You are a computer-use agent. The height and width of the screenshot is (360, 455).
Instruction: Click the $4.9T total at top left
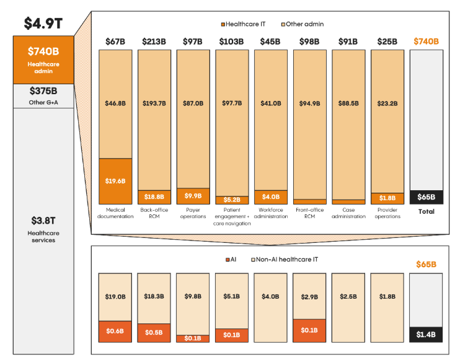click(x=42, y=23)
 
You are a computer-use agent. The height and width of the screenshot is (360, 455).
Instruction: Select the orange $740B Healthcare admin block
click(x=43, y=59)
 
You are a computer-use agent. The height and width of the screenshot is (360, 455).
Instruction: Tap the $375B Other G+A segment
click(x=43, y=95)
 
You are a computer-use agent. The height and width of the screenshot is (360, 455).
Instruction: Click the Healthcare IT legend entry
click(x=245, y=24)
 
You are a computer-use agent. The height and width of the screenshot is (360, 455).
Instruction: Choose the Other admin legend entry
click(x=302, y=24)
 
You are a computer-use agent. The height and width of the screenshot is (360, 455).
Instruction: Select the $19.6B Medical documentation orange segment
click(x=115, y=181)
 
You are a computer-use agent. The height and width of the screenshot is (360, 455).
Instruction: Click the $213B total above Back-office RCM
click(x=154, y=42)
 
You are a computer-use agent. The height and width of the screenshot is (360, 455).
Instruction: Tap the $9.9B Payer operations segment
click(x=193, y=196)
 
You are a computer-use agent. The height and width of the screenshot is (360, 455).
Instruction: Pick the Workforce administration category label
click(x=270, y=213)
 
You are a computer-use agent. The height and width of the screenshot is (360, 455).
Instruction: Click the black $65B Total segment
click(x=426, y=197)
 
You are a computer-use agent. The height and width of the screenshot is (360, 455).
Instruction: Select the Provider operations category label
click(x=387, y=213)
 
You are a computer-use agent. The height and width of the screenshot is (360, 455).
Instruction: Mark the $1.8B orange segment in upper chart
click(x=387, y=198)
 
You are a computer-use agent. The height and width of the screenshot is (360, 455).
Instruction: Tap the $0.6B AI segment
click(x=115, y=331)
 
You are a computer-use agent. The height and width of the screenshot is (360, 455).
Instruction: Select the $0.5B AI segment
click(x=154, y=333)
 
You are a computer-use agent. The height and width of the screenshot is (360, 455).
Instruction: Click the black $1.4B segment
click(x=426, y=335)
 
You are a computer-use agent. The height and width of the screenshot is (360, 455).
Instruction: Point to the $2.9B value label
click(x=309, y=297)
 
